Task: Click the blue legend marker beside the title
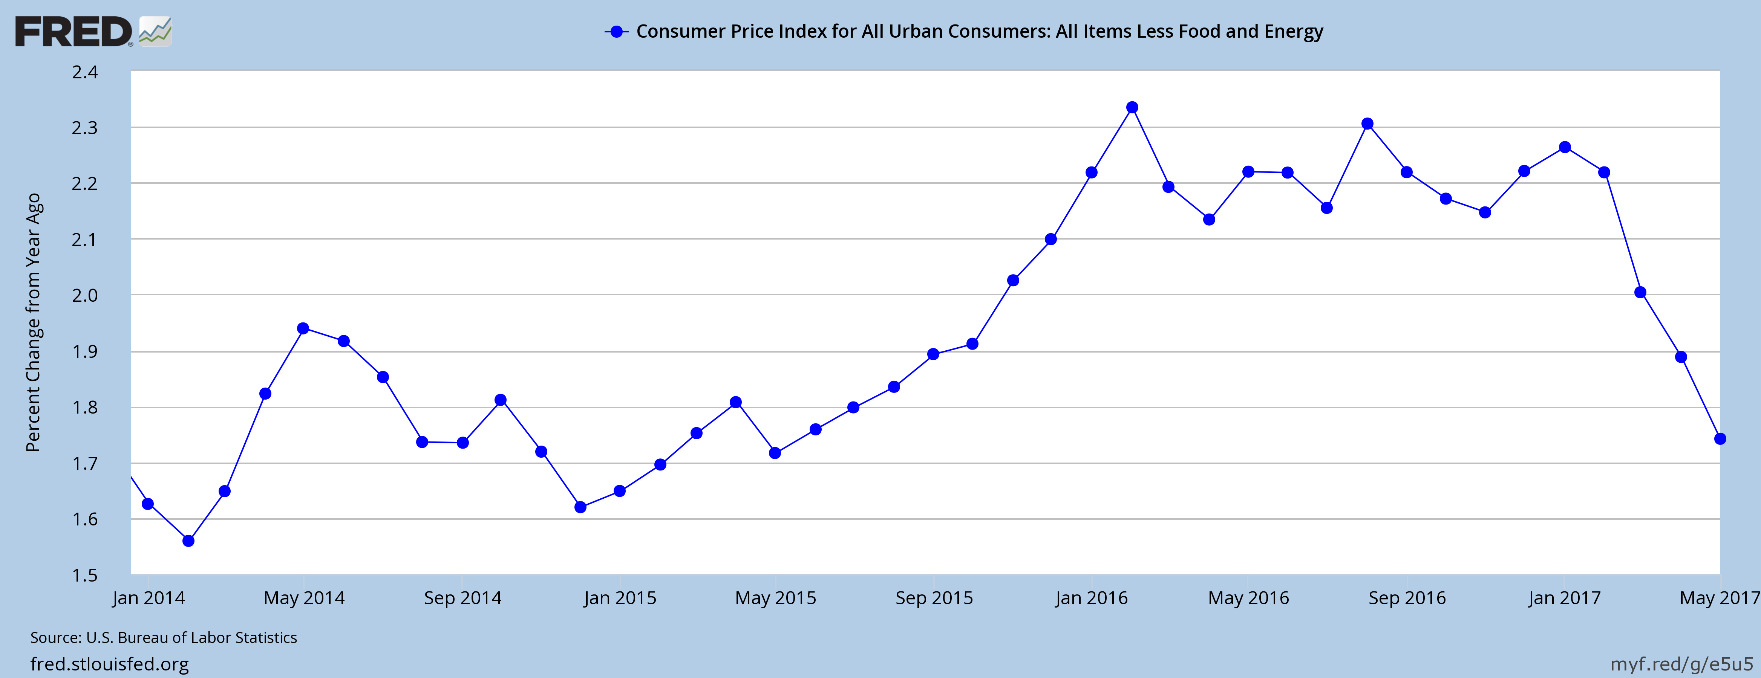point(617,31)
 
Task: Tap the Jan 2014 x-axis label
point(149,598)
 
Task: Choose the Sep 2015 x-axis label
point(934,598)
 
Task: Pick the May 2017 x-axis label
point(1719,598)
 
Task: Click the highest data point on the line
point(1132,107)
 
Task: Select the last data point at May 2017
point(1720,439)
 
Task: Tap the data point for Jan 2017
point(1565,147)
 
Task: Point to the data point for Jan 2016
point(1091,172)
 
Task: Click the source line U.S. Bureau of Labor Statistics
point(164,638)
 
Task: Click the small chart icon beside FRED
point(155,31)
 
